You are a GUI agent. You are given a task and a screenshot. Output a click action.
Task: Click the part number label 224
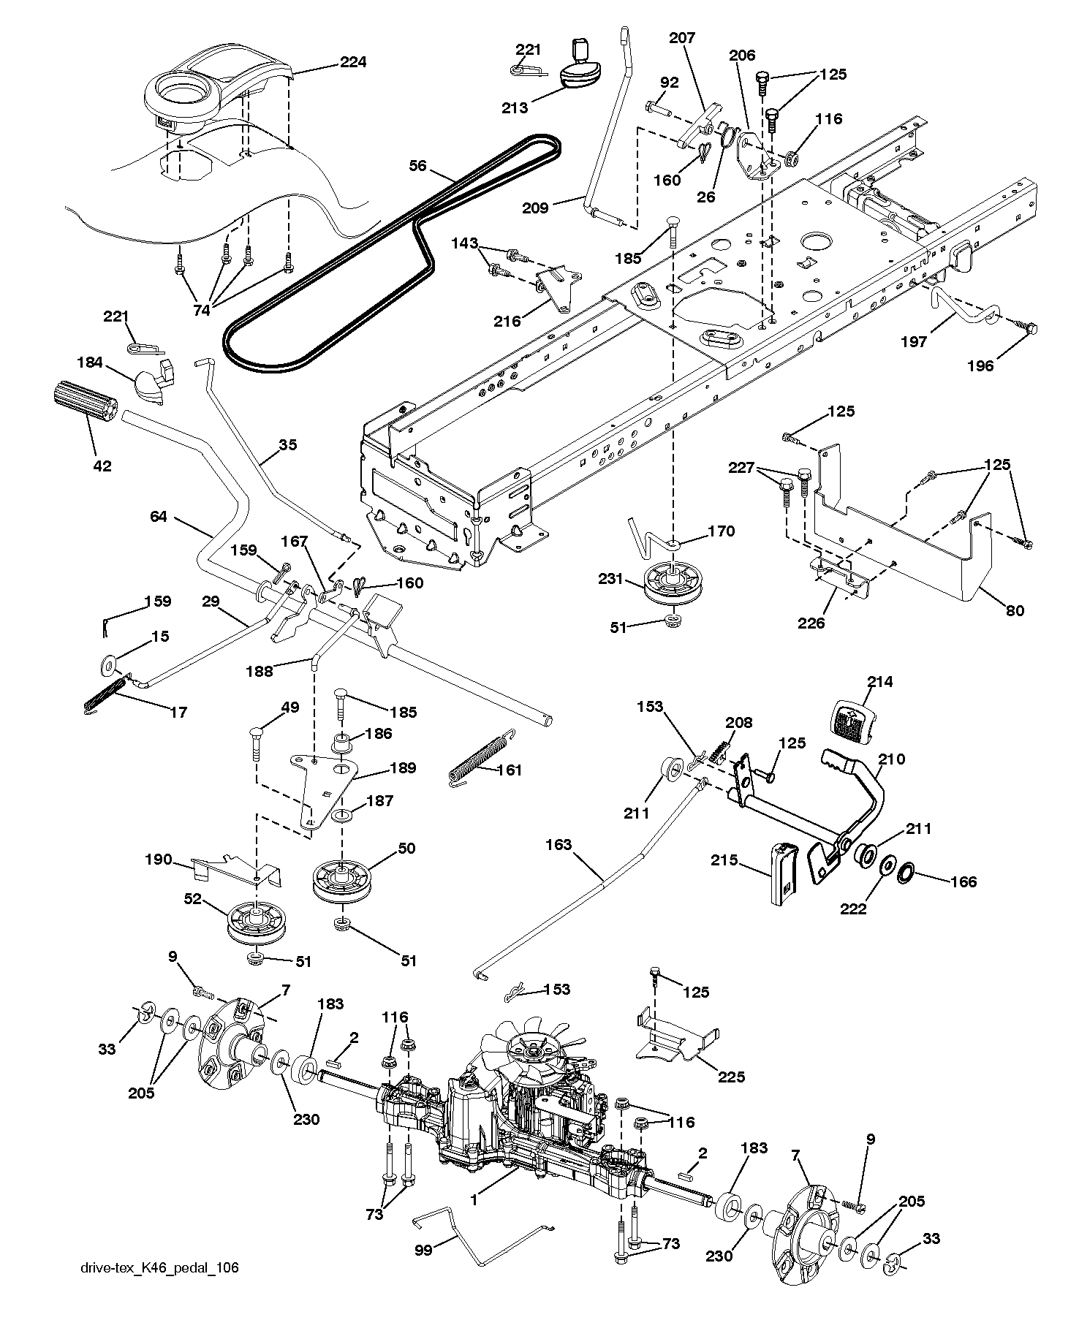tap(352, 63)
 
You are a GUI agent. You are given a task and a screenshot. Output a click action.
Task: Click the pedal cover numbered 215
tap(784, 873)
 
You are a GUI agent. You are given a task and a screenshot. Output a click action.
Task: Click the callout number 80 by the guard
tap(1015, 611)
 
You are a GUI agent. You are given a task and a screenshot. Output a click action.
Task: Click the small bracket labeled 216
tap(560, 288)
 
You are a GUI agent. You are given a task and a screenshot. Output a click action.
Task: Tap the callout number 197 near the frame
tap(915, 341)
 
